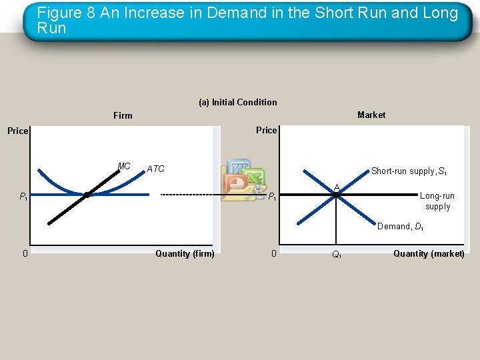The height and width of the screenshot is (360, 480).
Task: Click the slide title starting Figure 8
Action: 247,20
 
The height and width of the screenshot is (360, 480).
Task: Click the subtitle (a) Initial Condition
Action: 238,102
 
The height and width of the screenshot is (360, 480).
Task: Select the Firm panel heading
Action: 123,116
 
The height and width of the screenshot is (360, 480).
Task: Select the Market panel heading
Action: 371,115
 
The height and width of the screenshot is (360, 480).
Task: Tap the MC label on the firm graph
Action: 124,166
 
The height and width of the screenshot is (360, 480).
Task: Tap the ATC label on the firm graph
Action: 155,169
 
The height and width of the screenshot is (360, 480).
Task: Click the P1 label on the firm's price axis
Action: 23,196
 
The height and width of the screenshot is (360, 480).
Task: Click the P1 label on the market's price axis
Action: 273,196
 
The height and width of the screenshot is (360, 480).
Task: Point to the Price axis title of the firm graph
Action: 18,131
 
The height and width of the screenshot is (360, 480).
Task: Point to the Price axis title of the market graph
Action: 266,130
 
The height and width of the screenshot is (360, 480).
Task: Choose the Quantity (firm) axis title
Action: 185,253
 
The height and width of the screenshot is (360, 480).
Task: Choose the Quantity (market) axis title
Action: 429,253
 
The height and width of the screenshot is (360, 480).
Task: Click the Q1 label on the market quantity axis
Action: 337,255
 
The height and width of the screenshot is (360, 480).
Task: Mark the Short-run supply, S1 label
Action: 409,171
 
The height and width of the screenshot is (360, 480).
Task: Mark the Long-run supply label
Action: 437,201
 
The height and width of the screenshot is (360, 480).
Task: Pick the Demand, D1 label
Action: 400,227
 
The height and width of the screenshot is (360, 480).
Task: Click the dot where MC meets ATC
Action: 87,195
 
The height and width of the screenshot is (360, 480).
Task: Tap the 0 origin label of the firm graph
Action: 25,253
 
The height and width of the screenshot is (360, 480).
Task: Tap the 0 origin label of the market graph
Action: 273,253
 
